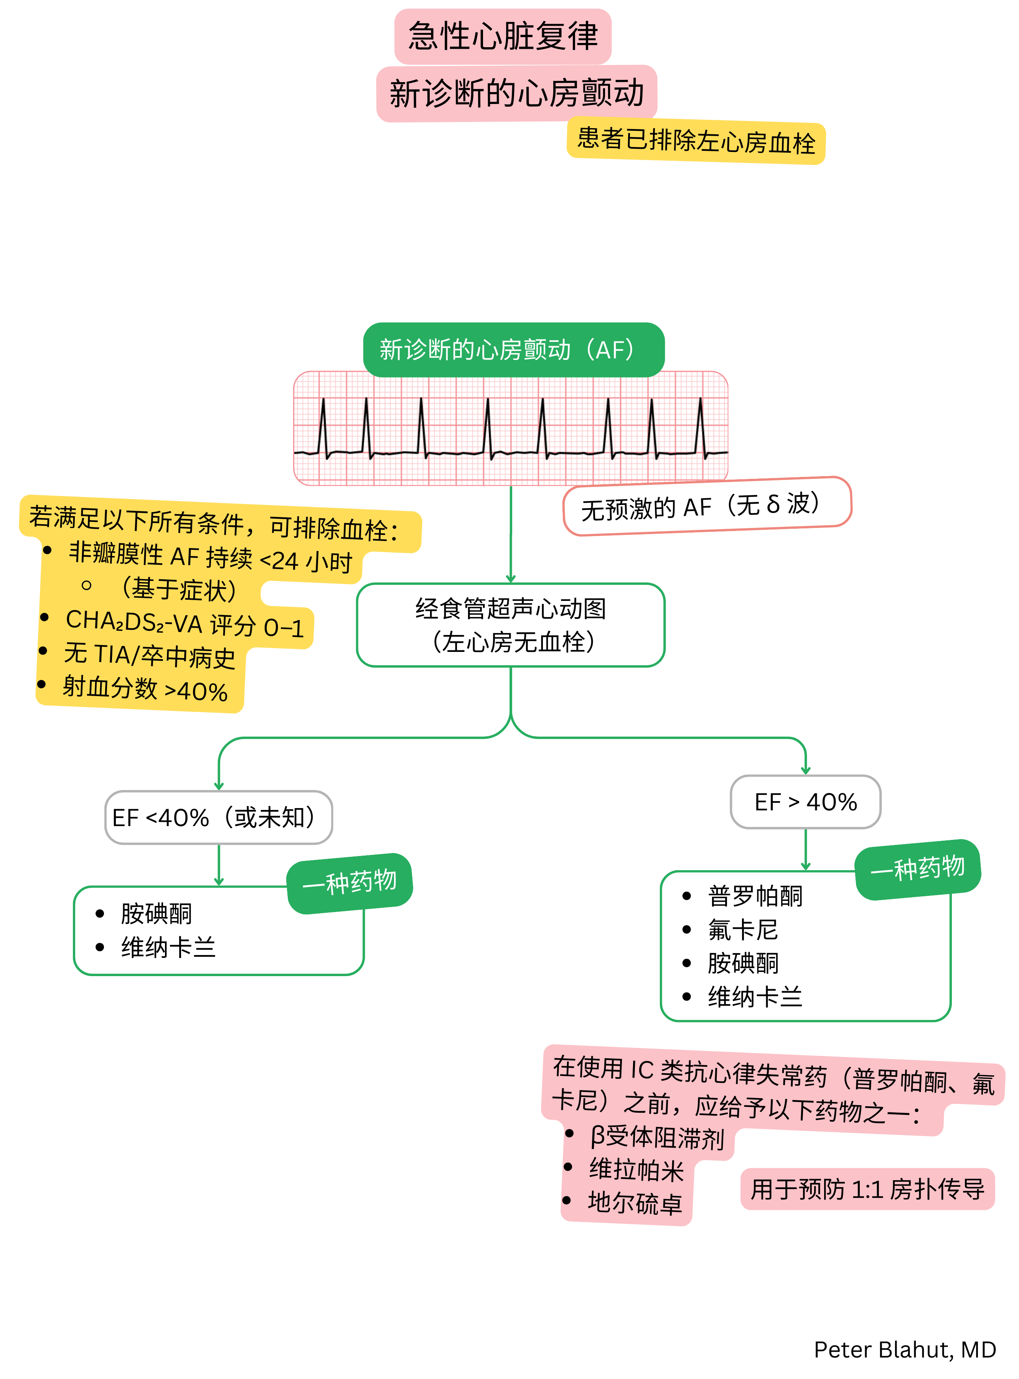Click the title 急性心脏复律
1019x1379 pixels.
[x=503, y=36]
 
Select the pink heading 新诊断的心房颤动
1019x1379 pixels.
[x=516, y=93]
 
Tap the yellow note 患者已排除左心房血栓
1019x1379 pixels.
[x=696, y=140]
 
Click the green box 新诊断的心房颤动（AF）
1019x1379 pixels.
[x=513, y=350]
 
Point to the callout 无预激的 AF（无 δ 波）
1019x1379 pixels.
[x=706, y=506]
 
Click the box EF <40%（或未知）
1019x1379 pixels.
[x=218, y=817]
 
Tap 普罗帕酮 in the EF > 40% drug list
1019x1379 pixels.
[x=755, y=896]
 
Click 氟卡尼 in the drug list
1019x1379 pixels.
[x=743, y=929]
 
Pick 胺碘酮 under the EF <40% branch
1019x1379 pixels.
[x=156, y=913]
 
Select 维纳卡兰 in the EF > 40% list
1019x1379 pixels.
[x=755, y=996]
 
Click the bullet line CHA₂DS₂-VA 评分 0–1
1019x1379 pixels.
[x=185, y=624]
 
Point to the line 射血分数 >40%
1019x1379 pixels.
[x=145, y=689]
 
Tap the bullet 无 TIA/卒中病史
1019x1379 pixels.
[x=150, y=656]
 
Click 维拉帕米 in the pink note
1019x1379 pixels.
[x=636, y=1170]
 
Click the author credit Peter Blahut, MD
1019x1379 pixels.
[x=904, y=1349]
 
